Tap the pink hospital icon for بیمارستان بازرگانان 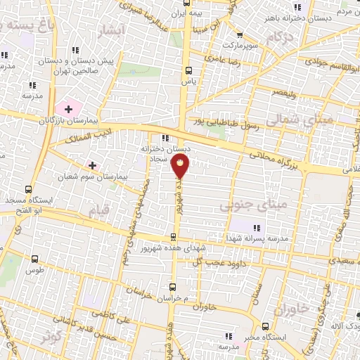pyautogui.click(x=68, y=108)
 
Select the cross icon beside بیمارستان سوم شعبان pyautogui.click(x=92, y=165)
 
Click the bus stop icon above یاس pyautogui.click(x=188, y=70)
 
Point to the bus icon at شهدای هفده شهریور pyautogui.click(x=174, y=237)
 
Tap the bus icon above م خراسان pyautogui.click(x=174, y=287)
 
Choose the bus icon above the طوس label pyautogui.click(x=28, y=258)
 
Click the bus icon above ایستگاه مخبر pyautogui.click(x=265, y=326)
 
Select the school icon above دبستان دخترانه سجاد pyautogui.click(x=165, y=139)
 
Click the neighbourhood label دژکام pyautogui.click(x=281, y=35)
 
